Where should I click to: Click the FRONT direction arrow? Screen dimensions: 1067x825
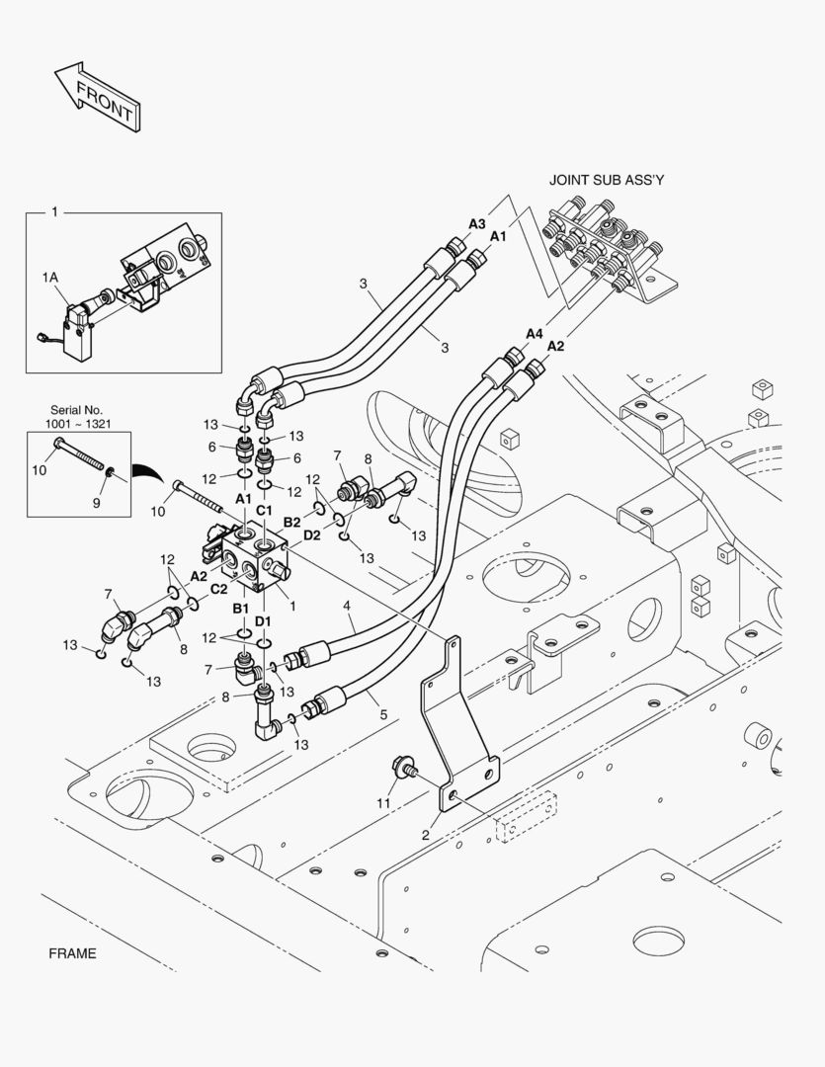[x=96, y=96]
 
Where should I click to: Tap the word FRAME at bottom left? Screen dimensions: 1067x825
[x=72, y=953]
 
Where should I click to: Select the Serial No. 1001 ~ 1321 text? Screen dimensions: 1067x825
[x=76, y=416]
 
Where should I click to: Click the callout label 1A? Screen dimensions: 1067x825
[x=50, y=280]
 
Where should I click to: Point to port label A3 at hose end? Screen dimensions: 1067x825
[x=477, y=224]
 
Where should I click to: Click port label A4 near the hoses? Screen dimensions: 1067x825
[x=535, y=334]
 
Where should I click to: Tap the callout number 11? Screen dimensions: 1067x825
[x=383, y=803]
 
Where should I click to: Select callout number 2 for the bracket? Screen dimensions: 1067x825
[x=426, y=836]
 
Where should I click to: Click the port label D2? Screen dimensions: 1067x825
[x=312, y=536]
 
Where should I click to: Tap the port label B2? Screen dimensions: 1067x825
[x=292, y=521]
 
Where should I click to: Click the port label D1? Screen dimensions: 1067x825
[x=264, y=620]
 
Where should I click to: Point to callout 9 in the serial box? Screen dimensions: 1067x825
[x=97, y=503]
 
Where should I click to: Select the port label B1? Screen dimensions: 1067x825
[x=241, y=608]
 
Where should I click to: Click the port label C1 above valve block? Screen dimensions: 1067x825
[x=265, y=510]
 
